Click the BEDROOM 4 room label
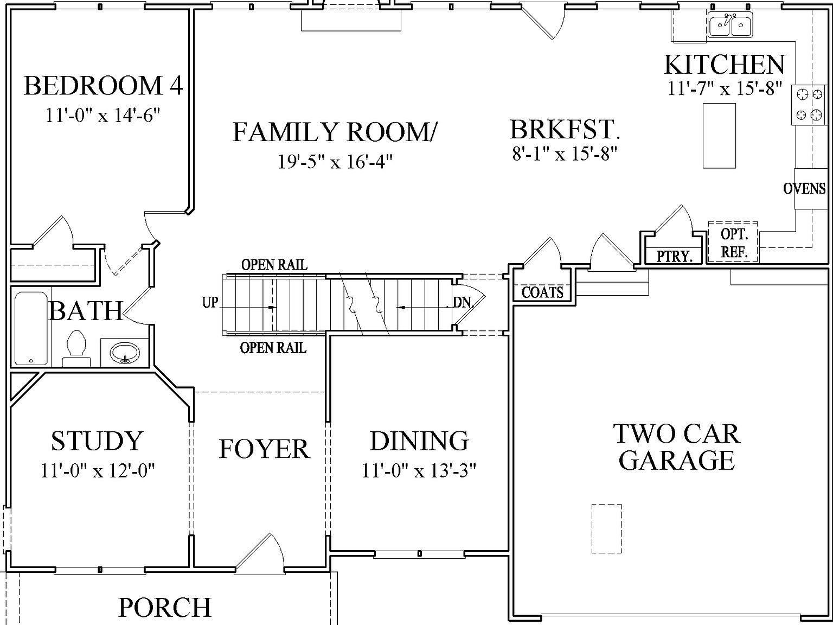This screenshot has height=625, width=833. click(x=103, y=86)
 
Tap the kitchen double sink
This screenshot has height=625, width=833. click(x=729, y=25)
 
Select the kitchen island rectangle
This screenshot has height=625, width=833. click(x=719, y=136)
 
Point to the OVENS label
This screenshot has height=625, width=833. click(x=804, y=189)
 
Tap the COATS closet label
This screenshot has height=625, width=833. click(x=542, y=293)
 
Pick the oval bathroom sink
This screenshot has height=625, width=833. click(x=125, y=354)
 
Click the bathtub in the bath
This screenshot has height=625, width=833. click(x=30, y=328)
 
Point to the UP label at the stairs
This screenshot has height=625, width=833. click(x=210, y=303)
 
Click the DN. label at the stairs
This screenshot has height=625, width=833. click(x=463, y=303)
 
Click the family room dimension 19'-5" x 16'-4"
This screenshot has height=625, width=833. click(x=335, y=162)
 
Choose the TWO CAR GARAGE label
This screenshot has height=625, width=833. click(x=676, y=447)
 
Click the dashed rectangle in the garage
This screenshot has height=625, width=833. click(x=606, y=528)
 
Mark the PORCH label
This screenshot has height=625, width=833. click(x=165, y=608)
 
